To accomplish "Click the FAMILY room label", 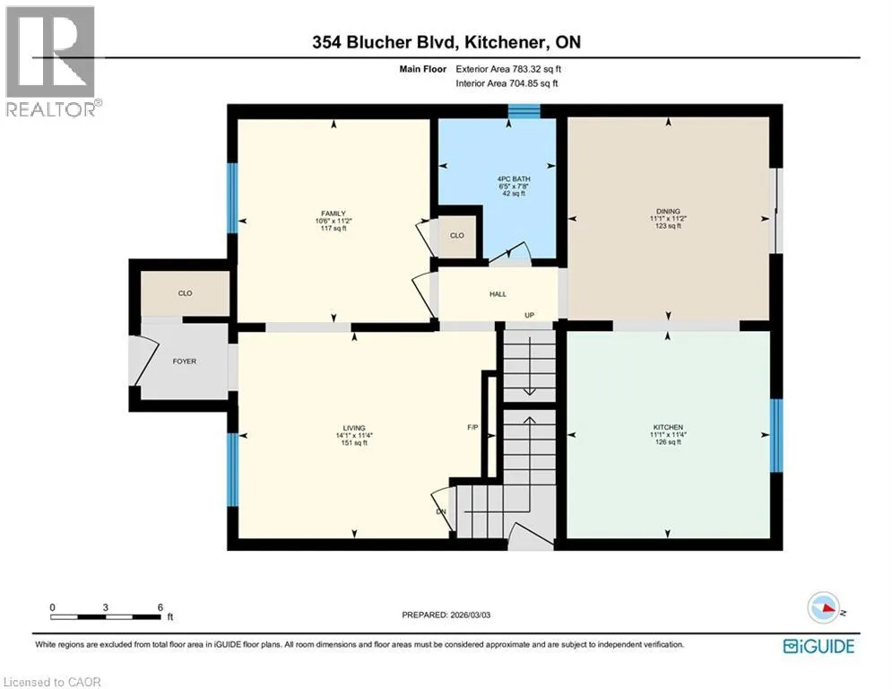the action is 333,214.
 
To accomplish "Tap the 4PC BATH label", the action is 514,179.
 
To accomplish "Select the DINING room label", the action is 668,211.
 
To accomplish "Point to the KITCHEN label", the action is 668,427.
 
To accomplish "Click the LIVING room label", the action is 354,428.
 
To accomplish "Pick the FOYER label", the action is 185,362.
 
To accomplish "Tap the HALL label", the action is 498,294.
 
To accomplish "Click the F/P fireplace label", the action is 472,427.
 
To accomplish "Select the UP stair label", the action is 529,315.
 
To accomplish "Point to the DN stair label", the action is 441,512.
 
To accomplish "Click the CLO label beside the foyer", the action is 185,293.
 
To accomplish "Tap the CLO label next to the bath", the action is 457,235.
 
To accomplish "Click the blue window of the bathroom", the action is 524,111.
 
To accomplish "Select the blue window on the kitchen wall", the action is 776,436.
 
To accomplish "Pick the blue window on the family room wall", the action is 232,198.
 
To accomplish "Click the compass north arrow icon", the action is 824,607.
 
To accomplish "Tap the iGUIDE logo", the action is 818,646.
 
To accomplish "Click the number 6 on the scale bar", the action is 160,607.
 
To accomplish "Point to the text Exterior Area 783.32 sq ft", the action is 508,69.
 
